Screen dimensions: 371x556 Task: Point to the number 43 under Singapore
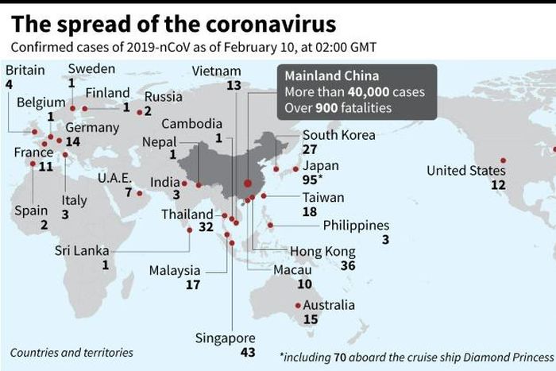pos(225,352)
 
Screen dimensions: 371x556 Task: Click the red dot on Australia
pos(298,305)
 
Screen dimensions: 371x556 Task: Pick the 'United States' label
pos(465,171)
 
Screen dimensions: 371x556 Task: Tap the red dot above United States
pos(503,160)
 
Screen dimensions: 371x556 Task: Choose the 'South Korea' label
pos(338,135)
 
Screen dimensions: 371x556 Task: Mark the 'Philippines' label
pos(356,226)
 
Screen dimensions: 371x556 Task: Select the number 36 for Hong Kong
pos(347,265)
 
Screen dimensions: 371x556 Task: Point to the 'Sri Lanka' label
pos(81,251)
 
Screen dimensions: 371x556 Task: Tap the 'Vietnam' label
pos(216,71)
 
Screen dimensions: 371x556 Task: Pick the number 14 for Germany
pos(73,141)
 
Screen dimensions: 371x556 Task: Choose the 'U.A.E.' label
pos(114,178)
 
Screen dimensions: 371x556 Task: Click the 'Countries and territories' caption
pos(71,352)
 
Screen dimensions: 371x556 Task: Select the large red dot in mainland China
pos(247,183)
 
